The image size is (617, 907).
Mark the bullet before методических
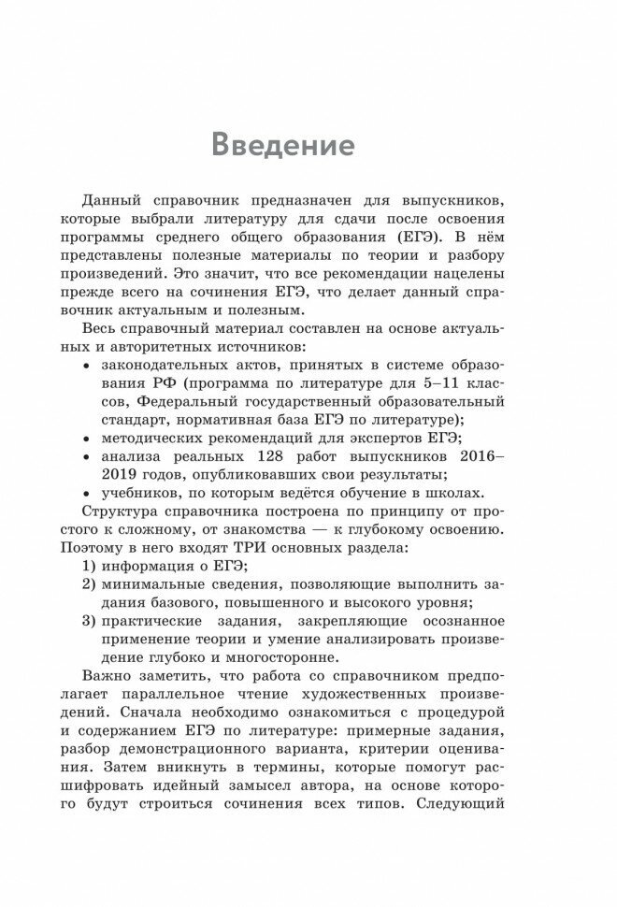(x=87, y=438)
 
